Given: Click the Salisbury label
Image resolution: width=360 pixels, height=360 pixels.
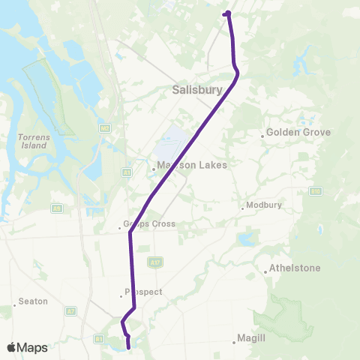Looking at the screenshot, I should pos(198,89).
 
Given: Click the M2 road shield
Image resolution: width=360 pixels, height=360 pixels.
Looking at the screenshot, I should pos(104,128).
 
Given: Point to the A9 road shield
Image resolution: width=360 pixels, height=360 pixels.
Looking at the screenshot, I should pos(56,208).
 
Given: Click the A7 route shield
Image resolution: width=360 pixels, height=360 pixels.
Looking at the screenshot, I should pos(71,310).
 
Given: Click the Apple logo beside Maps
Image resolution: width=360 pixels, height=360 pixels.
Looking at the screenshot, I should pos(12,347).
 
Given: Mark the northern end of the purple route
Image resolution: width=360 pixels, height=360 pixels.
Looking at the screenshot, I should pos(225,13).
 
